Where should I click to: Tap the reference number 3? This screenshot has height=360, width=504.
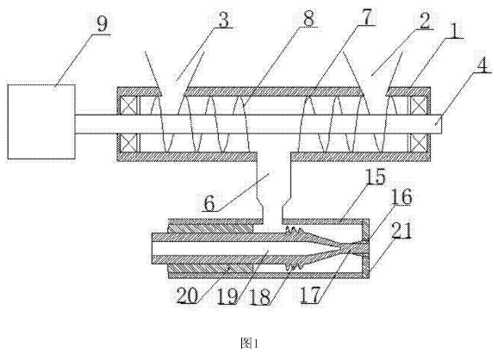[223, 19]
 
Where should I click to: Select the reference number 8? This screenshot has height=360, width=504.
[308, 19]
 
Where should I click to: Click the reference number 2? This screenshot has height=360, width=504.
[424, 21]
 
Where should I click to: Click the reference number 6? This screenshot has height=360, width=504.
[209, 202]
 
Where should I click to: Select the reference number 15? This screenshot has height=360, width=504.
[375, 177]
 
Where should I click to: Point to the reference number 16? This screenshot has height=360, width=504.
[402, 196]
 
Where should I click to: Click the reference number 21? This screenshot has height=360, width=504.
[401, 231]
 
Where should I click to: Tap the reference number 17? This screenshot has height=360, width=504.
[310, 295]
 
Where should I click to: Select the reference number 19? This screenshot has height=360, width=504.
[227, 295]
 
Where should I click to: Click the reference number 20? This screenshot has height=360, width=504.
[188, 295]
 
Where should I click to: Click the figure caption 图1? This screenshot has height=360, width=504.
[250, 344]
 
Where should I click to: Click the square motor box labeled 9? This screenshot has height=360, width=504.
[41, 121]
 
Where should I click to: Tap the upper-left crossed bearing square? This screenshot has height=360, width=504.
[128, 105]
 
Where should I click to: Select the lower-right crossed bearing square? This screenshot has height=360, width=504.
[420, 143]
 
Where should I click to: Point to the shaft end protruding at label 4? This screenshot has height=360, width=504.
[436, 124]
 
